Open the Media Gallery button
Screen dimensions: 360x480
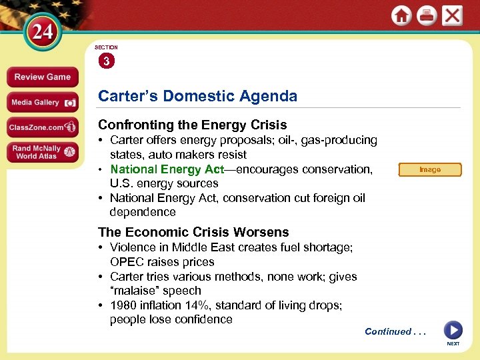click(43, 102)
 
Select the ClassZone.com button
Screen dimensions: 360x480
click(43, 127)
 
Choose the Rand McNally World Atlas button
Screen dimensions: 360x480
click(43, 153)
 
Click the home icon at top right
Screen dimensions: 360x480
click(401, 16)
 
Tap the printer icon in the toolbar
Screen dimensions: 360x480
click(427, 16)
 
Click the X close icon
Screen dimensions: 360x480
click(453, 16)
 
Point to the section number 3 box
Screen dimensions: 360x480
click(106, 61)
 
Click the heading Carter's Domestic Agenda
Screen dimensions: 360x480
click(197, 96)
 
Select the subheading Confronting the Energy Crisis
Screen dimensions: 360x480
click(192, 125)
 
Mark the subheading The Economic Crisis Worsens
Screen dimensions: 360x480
click(193, 232)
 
